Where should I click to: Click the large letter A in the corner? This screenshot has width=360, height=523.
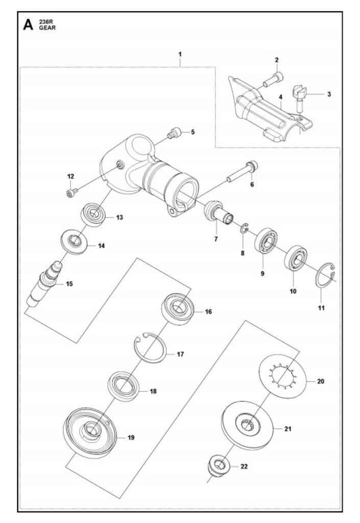click(29, 25)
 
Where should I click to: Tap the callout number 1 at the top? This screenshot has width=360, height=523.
click(180, 54)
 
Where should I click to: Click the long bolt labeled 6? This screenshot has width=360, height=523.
click(243, 172)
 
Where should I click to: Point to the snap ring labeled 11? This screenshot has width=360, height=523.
click(326, 280)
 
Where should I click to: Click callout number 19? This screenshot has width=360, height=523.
click(131, 438)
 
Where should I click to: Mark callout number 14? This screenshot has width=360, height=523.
click(101, 246)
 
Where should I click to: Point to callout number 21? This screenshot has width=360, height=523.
click(287, 430)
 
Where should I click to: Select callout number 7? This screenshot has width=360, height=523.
click(216, 239)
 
